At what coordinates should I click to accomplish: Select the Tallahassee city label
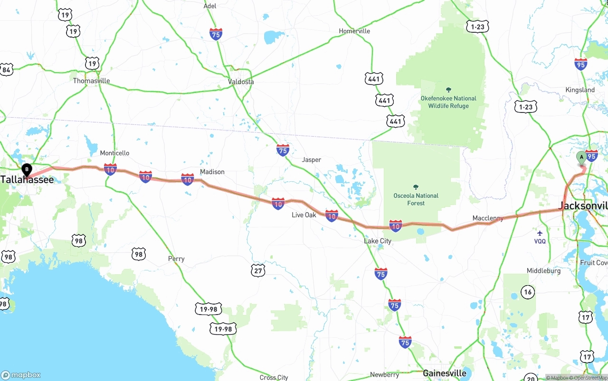pyautogui.click(x=27, y=180)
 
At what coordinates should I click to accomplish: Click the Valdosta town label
pyautogui.click(x=241, y=82)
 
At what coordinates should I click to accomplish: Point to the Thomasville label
pyautogui.click(x=91, y=81)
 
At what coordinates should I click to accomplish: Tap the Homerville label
pyautogui.click(x=354, y=31)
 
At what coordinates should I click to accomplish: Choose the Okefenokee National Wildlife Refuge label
pyautogui.click(x=448, y=102)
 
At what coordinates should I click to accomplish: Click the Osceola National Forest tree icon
pyautogui.click(x=416, y=187)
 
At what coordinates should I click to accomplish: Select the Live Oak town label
pyautogui.click(x=304, y=215)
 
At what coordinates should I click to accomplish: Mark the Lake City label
pyautogui.click(x=378, y=241)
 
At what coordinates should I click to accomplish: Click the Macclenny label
pyautogui.click(x=488, y=218)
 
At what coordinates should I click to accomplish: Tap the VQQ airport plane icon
pyautogui.click(x=540, y=233)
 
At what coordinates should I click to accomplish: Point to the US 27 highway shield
pyautogui.click(x=257, y=270)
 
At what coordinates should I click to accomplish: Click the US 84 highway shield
pyautogui.click(x=6, y=70)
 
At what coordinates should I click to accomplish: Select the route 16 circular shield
pyautogui.click(x=528, y=292)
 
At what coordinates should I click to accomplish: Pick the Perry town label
pyautogui.click(x=176, y=259)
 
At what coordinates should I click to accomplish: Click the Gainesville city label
pyautogui.click(x=445, y=373)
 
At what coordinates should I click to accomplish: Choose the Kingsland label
pyautogui.click(x=580, y=90)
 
